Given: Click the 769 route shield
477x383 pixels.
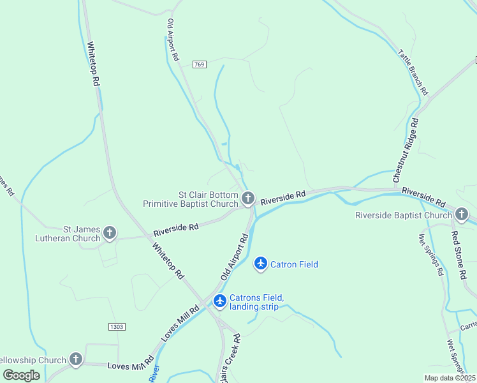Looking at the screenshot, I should tap(200, 64).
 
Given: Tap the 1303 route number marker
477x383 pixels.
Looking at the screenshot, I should tap(117, 326).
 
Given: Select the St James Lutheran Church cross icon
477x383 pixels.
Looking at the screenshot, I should tap(110, 233).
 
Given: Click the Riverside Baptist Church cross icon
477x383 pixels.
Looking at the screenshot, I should tap(462, 214).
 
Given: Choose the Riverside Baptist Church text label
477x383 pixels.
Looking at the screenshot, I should tap(404, 215).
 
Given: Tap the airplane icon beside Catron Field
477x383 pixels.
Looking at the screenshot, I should tap(260, 263).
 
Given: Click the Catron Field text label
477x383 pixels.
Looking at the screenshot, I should tap(294, 264).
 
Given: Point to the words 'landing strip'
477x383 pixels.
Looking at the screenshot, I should tap(254, 307).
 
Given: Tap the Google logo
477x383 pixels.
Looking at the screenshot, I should tap(21, 375).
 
